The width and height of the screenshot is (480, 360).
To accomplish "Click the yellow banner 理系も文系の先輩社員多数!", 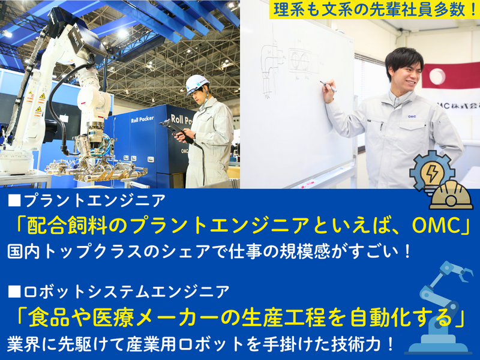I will pyautogui.click(x=372, y=10).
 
